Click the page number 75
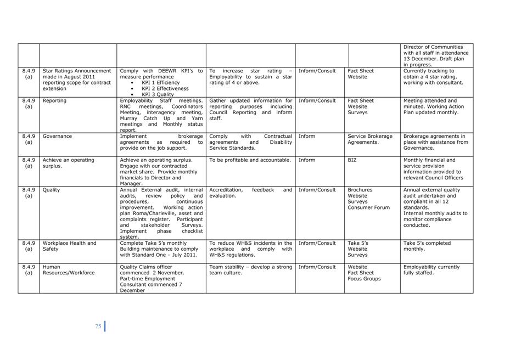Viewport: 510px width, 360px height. tap(98, 326)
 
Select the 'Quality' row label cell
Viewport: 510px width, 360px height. tap(52, 190)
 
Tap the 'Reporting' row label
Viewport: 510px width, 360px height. tap(54, 101)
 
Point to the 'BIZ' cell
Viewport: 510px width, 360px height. tap(352, 160)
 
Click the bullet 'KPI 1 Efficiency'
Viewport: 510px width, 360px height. tap(160, 83)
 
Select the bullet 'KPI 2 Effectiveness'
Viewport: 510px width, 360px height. tap(165, 88)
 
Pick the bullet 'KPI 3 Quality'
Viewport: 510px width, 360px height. tap(158, 94)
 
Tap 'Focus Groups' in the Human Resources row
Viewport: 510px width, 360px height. tap(364, 279)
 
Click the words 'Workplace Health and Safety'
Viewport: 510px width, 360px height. tap(69, 246)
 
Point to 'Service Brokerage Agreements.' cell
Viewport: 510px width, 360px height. tap(370, 139)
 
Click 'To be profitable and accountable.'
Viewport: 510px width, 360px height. tap(250, 160)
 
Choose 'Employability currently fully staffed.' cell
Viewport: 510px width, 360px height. tap(431, 270)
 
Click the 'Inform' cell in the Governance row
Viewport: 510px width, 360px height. tap(307, 136)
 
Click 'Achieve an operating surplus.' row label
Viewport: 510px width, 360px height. tap(68, 163)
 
